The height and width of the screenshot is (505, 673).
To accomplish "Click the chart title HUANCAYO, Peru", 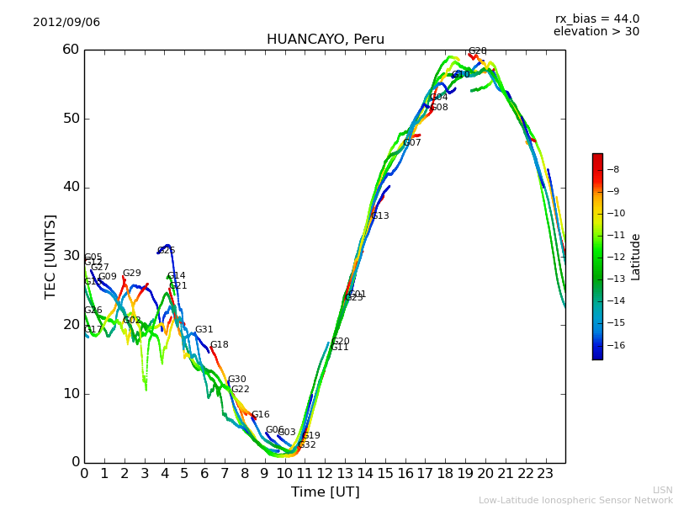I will click(x=325, y=40).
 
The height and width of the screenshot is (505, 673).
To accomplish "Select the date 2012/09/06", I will click(x=66, y=23).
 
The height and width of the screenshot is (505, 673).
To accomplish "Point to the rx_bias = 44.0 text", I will click(x=596, y=19).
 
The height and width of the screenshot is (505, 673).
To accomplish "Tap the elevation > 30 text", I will click(x=596, y=32).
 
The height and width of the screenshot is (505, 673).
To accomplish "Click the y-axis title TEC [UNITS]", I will click(x=50, y=256).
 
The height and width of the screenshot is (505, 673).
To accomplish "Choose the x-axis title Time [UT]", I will click(x=325, y=492).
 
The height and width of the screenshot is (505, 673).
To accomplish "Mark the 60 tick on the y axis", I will click(x=70, y=50).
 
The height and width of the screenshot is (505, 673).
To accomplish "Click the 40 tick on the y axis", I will click(x=70, y=187).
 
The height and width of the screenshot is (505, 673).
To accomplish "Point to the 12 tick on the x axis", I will click(x=325, y=473).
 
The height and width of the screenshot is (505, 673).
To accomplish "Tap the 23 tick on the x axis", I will click(x=545, y=473).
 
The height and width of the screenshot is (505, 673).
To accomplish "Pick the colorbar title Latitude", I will click(x=636, y=257).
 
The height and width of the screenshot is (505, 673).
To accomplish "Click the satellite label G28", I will click(x=477, y=51).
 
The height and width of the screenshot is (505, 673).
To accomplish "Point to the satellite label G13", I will click(x=380, y=216).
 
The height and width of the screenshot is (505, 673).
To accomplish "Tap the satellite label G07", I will click(x=412, y=143).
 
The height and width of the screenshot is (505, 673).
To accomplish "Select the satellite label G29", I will click(x=132, y=274).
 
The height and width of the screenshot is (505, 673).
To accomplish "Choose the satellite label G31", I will click(x=204, y=330).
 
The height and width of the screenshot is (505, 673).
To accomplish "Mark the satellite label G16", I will click(x=261, y=415).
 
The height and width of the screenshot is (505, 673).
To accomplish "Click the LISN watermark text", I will click(x=663, y=490).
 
